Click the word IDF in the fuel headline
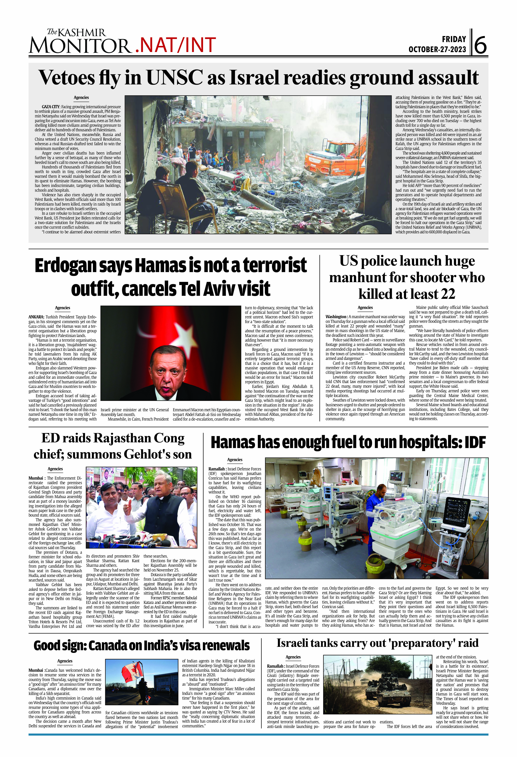pyautogui.click(x=475, y=442)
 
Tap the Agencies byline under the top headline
pyautogui.click(x=81, y=97)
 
